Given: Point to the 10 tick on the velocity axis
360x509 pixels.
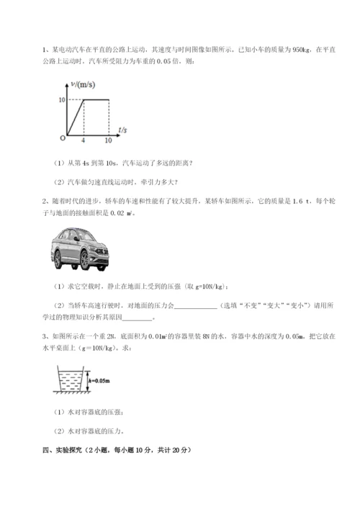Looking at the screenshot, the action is point(63,99).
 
